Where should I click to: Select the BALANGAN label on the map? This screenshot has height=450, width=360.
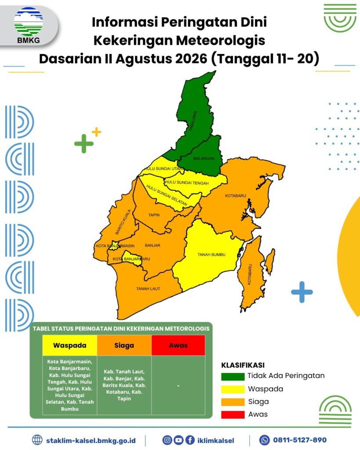(204, 158)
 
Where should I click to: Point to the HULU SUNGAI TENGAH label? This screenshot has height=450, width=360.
(187, 182)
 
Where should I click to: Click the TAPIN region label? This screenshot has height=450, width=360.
(154, 215)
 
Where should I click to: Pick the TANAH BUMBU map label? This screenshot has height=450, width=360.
(211, 254)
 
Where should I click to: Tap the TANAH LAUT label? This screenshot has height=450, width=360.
(148, 289)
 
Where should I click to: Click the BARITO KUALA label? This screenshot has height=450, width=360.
(123, 222)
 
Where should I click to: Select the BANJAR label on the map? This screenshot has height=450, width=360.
(153, 245)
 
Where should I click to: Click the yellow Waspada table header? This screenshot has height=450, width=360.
(70, 345)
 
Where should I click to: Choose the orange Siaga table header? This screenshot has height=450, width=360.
(124, 345)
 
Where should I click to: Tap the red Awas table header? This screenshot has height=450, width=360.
(178, 345)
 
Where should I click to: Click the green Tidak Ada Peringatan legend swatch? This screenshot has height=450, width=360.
(233, 376)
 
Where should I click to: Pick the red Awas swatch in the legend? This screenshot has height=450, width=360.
(233, 415)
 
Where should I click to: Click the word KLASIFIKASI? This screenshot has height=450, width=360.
(243, 365)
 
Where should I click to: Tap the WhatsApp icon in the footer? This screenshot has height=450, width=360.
(265, 440)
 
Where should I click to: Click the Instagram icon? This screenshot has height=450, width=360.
(167, 440)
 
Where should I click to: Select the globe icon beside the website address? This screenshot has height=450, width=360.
(37, 440)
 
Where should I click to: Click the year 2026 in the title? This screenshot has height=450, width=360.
(191, 59)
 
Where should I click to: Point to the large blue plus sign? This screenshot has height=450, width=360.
(302, 292)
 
